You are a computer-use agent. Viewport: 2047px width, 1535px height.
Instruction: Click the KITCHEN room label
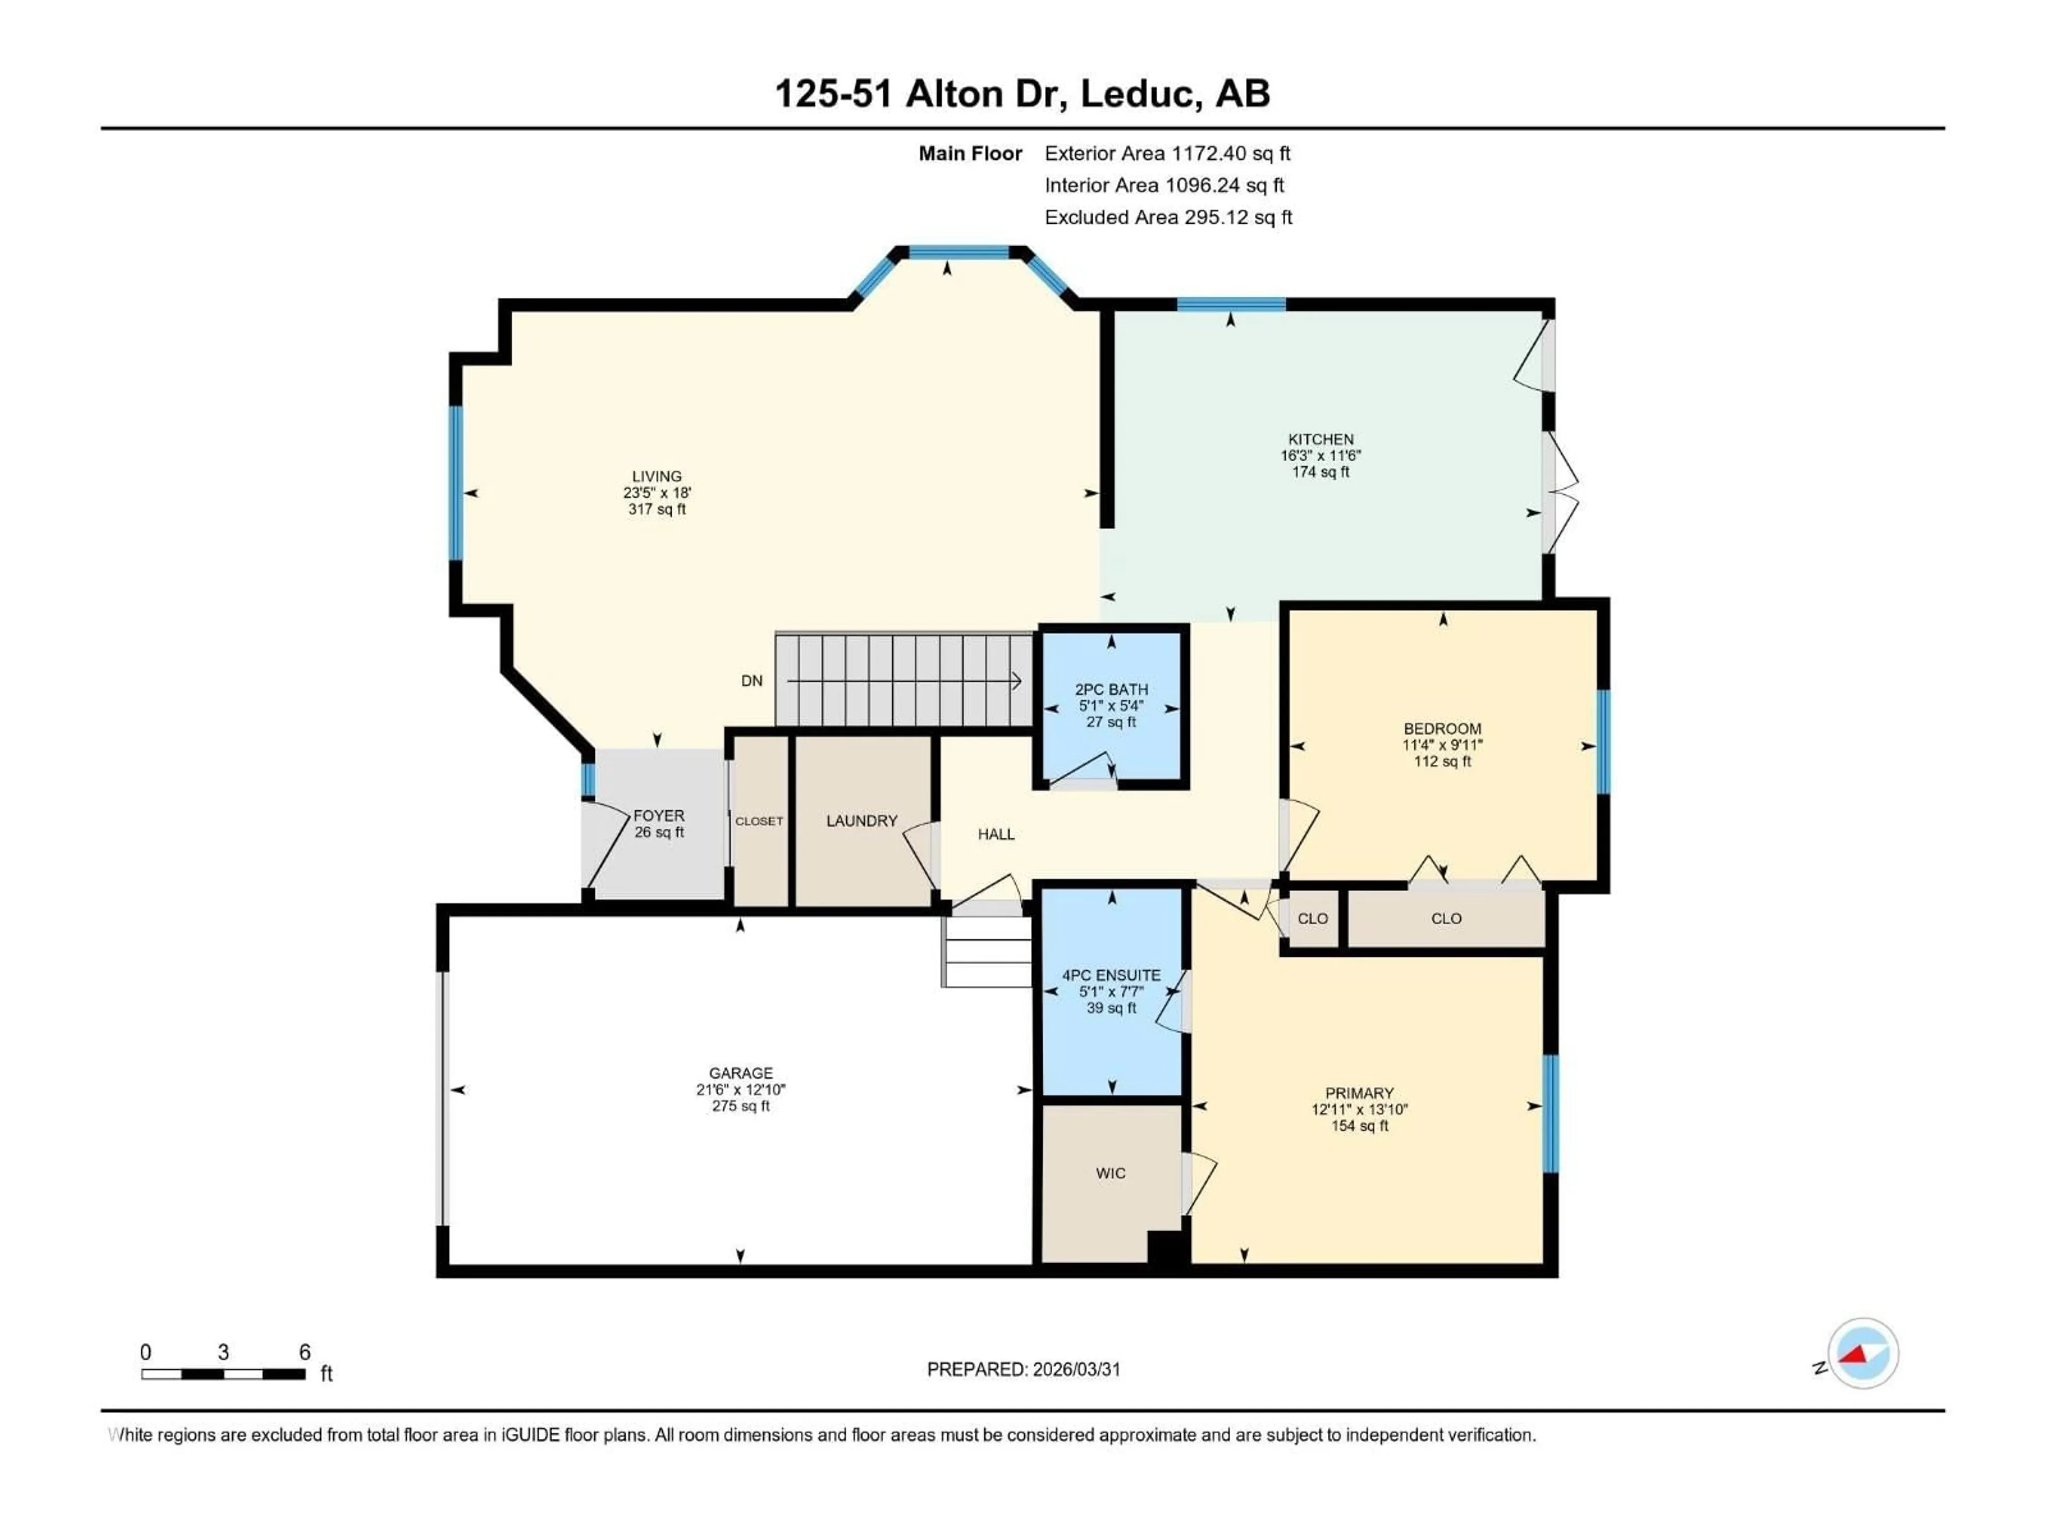[1320, 440]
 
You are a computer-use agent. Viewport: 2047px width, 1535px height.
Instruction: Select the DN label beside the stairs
[752, 681]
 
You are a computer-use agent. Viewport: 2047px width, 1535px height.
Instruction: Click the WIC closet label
[1110, 1173]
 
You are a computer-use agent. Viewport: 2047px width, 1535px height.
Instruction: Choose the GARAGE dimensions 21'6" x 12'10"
[740, 1090]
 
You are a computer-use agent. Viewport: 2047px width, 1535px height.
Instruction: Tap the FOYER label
[659, 815]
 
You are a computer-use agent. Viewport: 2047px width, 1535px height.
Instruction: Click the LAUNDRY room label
[861, 821]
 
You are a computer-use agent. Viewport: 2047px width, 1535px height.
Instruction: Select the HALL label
[996, 834]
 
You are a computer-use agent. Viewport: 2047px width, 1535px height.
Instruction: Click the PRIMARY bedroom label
[1358, 1093]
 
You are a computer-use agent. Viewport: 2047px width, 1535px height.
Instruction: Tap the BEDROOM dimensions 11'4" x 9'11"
[1442, 745]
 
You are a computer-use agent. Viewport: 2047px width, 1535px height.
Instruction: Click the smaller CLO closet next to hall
[1312, 919]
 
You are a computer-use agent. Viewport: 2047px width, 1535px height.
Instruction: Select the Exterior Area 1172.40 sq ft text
[1167, 153]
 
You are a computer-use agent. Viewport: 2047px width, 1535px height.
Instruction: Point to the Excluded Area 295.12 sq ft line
[1168, 217]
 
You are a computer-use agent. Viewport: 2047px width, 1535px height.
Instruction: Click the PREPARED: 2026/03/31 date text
[1023, 1369]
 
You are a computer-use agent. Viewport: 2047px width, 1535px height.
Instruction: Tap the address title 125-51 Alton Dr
[1022, 93]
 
